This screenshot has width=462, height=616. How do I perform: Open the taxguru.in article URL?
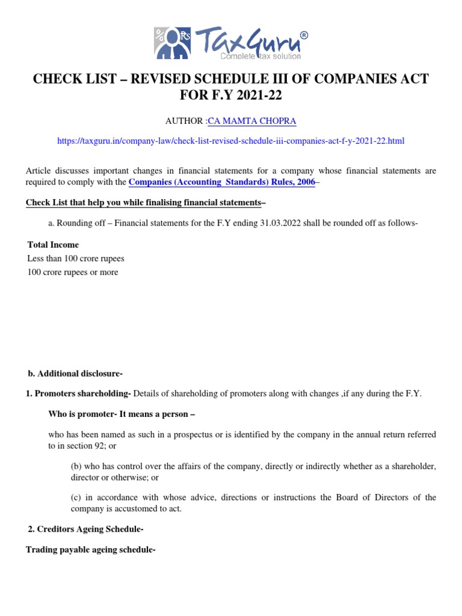(x=231, y=141)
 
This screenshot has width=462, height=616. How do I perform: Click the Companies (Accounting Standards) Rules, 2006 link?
(x=222, y=182)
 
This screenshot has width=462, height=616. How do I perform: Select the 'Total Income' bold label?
(x=53, y=245)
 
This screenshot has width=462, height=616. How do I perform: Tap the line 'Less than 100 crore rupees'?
(x=76, y=259)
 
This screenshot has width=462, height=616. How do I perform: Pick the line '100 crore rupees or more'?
(x=73, y=273)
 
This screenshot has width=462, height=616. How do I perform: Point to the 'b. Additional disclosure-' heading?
(x=75, y=374)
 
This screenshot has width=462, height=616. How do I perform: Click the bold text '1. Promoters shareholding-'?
(x=79, y=393)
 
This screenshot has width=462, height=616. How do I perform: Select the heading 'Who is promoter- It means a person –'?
(x=122, y=414)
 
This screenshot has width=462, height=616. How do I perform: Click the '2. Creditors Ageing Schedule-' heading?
(x=85, y=529)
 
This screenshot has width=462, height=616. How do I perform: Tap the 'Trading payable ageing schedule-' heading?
(x=91, y=549)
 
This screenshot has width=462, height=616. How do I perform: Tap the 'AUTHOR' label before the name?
(x=185, y=122)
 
